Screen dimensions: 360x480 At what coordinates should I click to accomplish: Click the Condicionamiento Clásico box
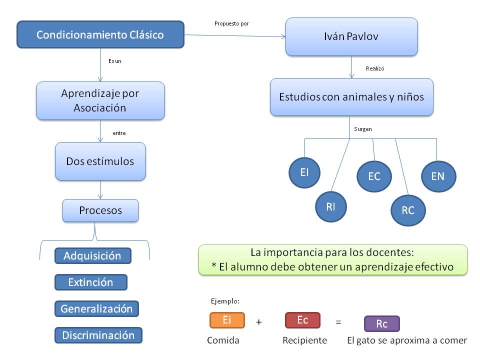pyautogui.click(x=100, y=35)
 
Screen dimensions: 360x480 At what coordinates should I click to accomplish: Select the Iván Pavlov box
pyautogui.click(x=351, y=36)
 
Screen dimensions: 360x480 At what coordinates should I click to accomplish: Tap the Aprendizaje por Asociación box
pyautogui.click(x=100, y=100)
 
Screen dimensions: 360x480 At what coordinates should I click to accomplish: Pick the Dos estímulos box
pyautogui.click(x=100, y=161)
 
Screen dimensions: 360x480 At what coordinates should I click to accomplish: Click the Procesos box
pyautogui.click(x=100, y=210)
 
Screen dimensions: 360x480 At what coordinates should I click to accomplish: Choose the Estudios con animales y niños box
pyautogui.click(x=351, y=97)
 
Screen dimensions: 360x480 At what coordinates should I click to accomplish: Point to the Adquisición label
pyautogui.click(x=92, y=255)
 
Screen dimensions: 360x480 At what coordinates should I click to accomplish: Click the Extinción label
pyautogui.click(x=90, y=282)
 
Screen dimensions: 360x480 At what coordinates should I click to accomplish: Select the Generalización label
pyautogui.click(x=96, y=308)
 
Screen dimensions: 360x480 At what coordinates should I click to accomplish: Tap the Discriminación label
pyautogui.click(x=98, y=335)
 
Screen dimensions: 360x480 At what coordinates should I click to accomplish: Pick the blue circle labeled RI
pyautogui.click(x=330, y=207)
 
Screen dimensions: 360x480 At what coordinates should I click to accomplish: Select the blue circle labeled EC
pyautogui.click(x=374, y=176)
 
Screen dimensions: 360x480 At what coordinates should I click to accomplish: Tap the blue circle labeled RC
pyautogui.click(x=408, y=210)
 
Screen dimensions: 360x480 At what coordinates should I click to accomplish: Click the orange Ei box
pyautogui.click(x=227, y=320)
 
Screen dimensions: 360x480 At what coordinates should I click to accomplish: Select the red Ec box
pyautogui.click(x=302, y=320)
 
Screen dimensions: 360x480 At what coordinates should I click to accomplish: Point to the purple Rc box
pyautogui.click(x=382, y=324)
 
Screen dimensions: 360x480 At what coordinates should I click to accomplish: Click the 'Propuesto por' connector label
pyautogui.click(x=231, y=23)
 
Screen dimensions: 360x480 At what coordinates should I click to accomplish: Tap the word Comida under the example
pyautogui.click(x=223, y=340)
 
